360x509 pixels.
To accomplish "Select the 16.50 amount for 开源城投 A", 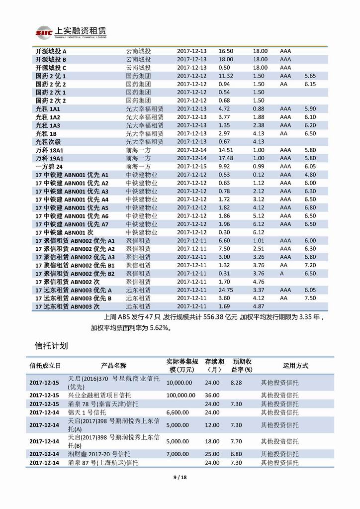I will pos(226,51).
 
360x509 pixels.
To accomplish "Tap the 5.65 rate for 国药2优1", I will pos(310,76).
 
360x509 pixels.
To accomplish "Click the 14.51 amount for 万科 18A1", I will pos(226,150).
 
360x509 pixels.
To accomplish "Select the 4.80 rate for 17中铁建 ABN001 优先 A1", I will pos(310,175).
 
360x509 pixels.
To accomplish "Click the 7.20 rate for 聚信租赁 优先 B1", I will pos(310,265).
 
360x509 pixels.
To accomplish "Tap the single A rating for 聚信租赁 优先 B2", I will pos(282,274).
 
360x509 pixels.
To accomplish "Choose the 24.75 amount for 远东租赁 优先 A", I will pos(226,290).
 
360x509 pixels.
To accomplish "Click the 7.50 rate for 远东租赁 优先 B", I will pos(310,298).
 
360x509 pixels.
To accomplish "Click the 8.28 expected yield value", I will pos(236,382).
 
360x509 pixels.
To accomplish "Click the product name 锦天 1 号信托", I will pos(87,412).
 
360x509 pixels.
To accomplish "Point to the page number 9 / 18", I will pos(180,478).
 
